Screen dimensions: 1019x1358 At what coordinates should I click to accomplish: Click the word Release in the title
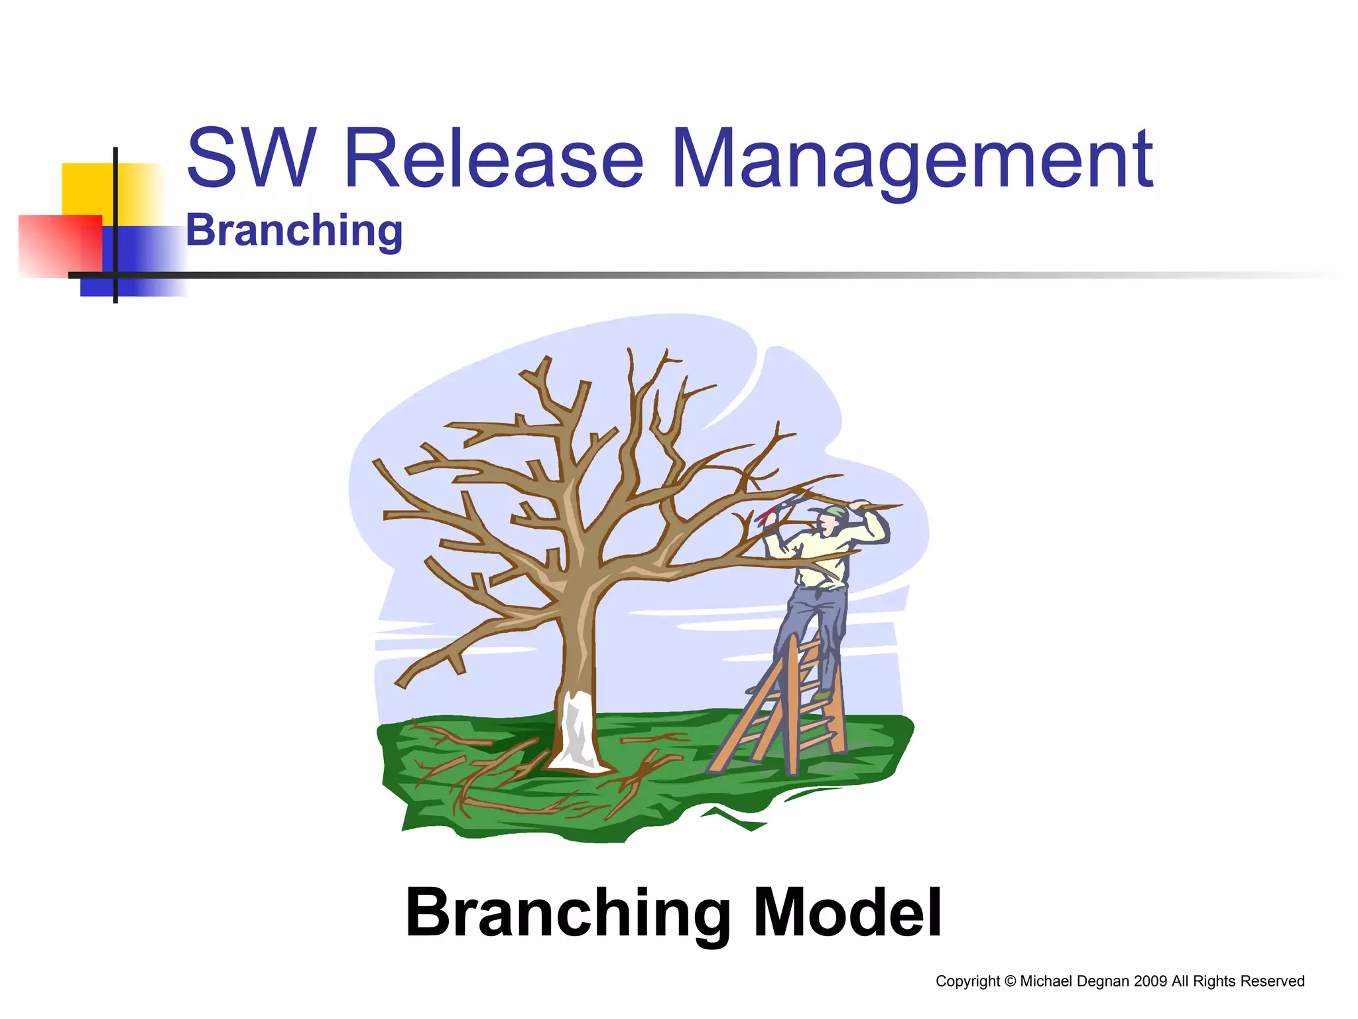(494, 159)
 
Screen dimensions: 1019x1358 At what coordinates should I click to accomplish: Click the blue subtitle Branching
(294, 231)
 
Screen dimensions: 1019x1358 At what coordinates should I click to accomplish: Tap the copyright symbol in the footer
(1010, 981)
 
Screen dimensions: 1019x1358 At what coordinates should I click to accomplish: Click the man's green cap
(837, 512)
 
